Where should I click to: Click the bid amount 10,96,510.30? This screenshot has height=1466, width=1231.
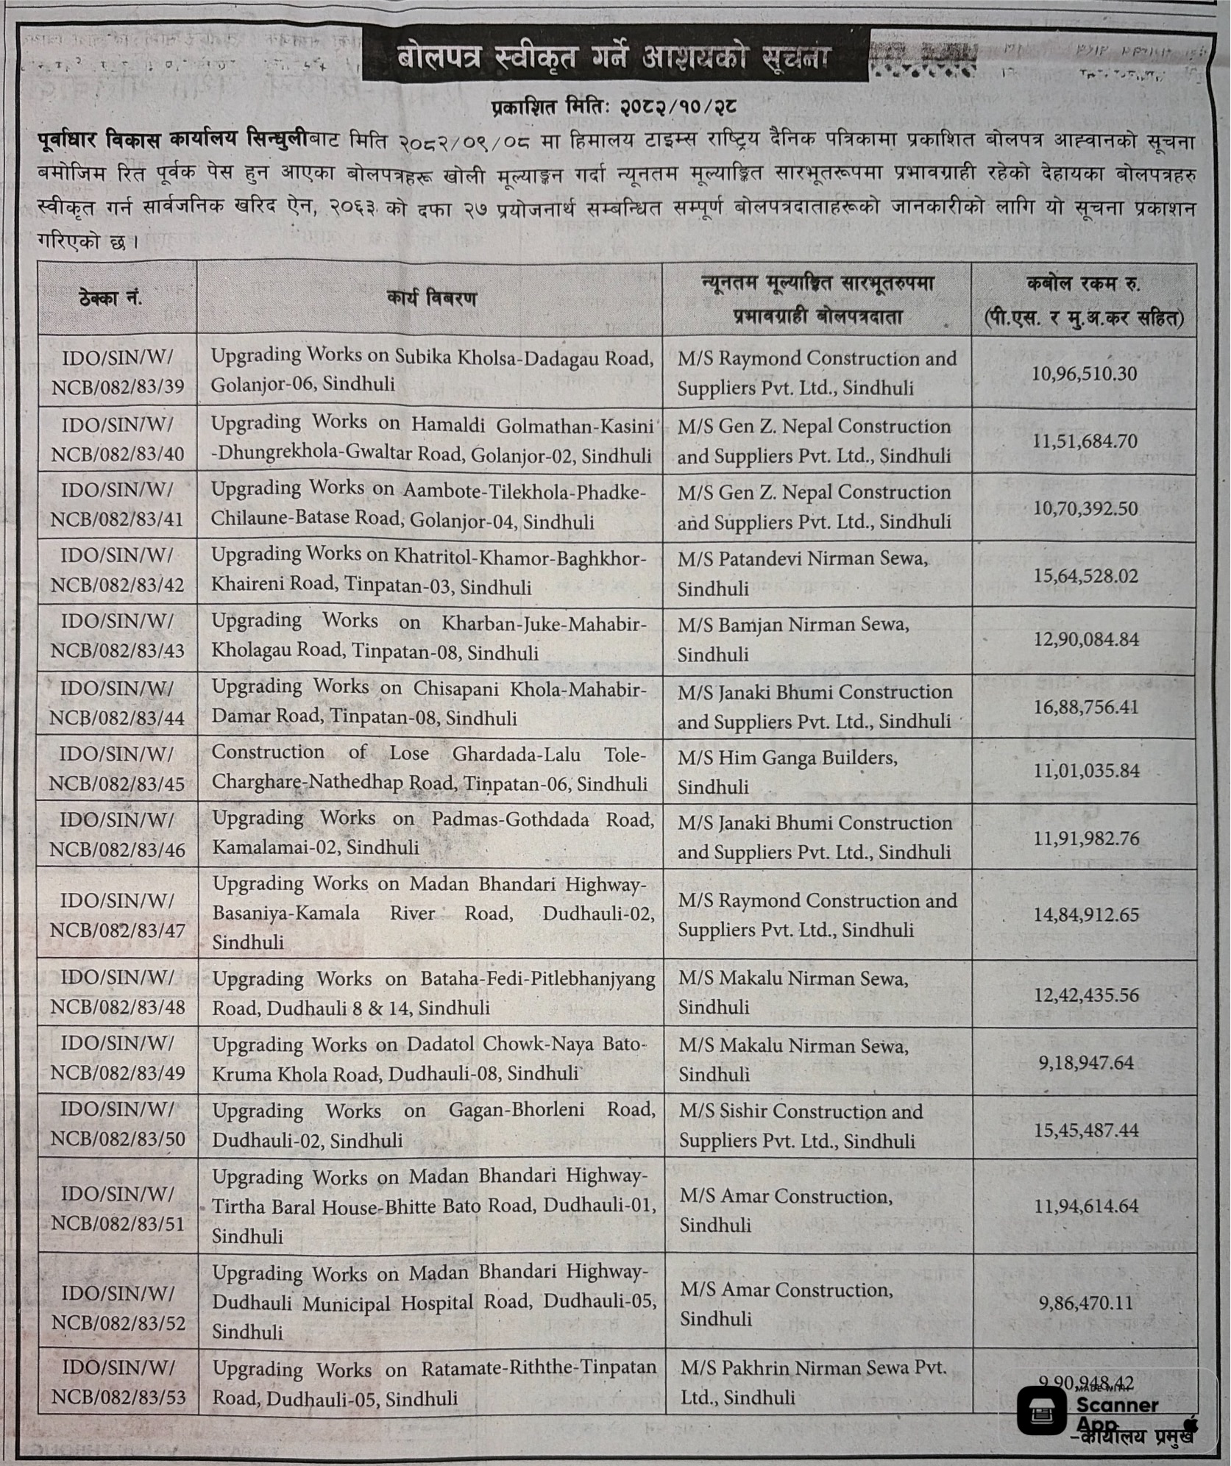[1085, 374]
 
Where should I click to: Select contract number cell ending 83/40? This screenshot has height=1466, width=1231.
[118, 440]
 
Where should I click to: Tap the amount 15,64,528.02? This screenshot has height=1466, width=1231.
[1085, 575]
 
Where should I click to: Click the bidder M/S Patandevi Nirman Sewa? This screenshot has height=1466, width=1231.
[802, 573]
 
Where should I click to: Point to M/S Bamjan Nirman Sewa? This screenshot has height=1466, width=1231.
[793, 638]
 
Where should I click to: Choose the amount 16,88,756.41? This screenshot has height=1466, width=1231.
[1085, 707]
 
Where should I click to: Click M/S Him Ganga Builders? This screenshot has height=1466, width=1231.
[787, 771]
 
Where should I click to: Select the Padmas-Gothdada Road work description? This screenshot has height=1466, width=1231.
[433, 833]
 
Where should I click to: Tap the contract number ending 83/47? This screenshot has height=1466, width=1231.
[118, 915]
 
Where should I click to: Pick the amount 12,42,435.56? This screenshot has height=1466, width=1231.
[1085, 995]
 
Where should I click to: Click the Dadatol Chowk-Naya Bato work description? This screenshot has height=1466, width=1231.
[430, 1059]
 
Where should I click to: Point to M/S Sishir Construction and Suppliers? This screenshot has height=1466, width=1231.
[801, 1126]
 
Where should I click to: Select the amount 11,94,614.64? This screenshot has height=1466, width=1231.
[1085, 1206]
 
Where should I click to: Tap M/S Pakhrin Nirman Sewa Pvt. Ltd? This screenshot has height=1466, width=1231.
[812, 1383]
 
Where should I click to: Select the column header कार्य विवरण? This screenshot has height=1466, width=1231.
[431, 299]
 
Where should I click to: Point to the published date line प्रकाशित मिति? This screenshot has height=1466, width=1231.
[614, 107]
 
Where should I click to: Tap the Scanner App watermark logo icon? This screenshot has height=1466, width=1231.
[1043, 1410]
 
